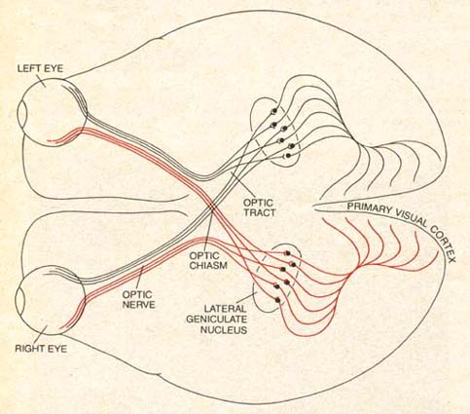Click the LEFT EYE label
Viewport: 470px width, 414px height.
40,68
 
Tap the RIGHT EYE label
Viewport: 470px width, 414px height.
41,349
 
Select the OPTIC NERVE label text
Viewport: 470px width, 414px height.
138,300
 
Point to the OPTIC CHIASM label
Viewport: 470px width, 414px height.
208,260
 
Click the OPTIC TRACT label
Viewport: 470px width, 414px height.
260,207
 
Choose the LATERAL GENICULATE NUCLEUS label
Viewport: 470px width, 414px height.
217,319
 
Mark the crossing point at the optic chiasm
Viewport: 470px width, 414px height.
212,207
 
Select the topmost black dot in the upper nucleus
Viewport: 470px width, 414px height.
274,111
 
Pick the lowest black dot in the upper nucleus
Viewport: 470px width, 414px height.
288,156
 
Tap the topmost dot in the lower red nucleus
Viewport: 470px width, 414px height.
287,253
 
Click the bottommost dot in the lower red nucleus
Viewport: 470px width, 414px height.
277,300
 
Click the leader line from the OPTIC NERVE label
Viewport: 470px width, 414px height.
140,278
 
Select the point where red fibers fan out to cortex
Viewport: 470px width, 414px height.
351,275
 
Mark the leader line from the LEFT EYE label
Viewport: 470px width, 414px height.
41,80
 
